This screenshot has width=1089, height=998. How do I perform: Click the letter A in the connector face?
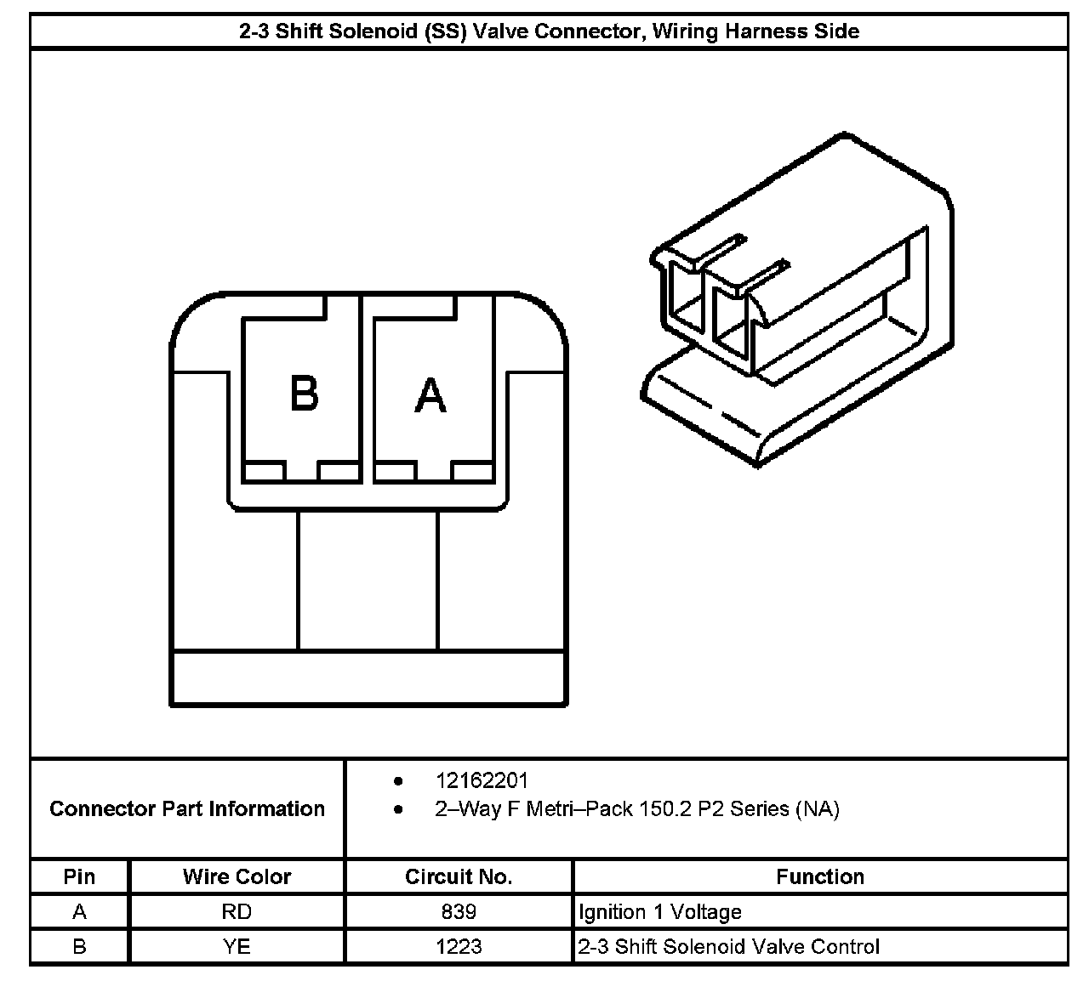[430, 395]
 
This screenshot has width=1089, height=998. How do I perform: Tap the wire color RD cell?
[237, 912]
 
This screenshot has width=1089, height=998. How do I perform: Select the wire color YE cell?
[237, 946]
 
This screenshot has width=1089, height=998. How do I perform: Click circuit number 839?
[459, 912]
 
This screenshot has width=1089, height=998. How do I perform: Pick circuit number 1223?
[459, 946]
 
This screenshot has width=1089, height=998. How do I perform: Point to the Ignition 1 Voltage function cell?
[660, 912]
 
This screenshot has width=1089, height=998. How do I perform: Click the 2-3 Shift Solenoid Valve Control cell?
[729, 946]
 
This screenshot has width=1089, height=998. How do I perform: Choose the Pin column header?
[79, 876]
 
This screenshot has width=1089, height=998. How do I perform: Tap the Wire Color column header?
[237, 876]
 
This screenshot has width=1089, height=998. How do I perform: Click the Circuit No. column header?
[459, 876]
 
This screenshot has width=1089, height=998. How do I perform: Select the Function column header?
[820, 876]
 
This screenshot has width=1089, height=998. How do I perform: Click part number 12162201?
[482, 780]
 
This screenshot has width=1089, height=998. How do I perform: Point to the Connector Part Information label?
[187, 808]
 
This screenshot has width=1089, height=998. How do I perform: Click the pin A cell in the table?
[79, 912]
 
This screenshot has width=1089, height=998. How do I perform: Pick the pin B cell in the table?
[79, 946]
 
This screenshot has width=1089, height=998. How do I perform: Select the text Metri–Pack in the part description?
[579, 808]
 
